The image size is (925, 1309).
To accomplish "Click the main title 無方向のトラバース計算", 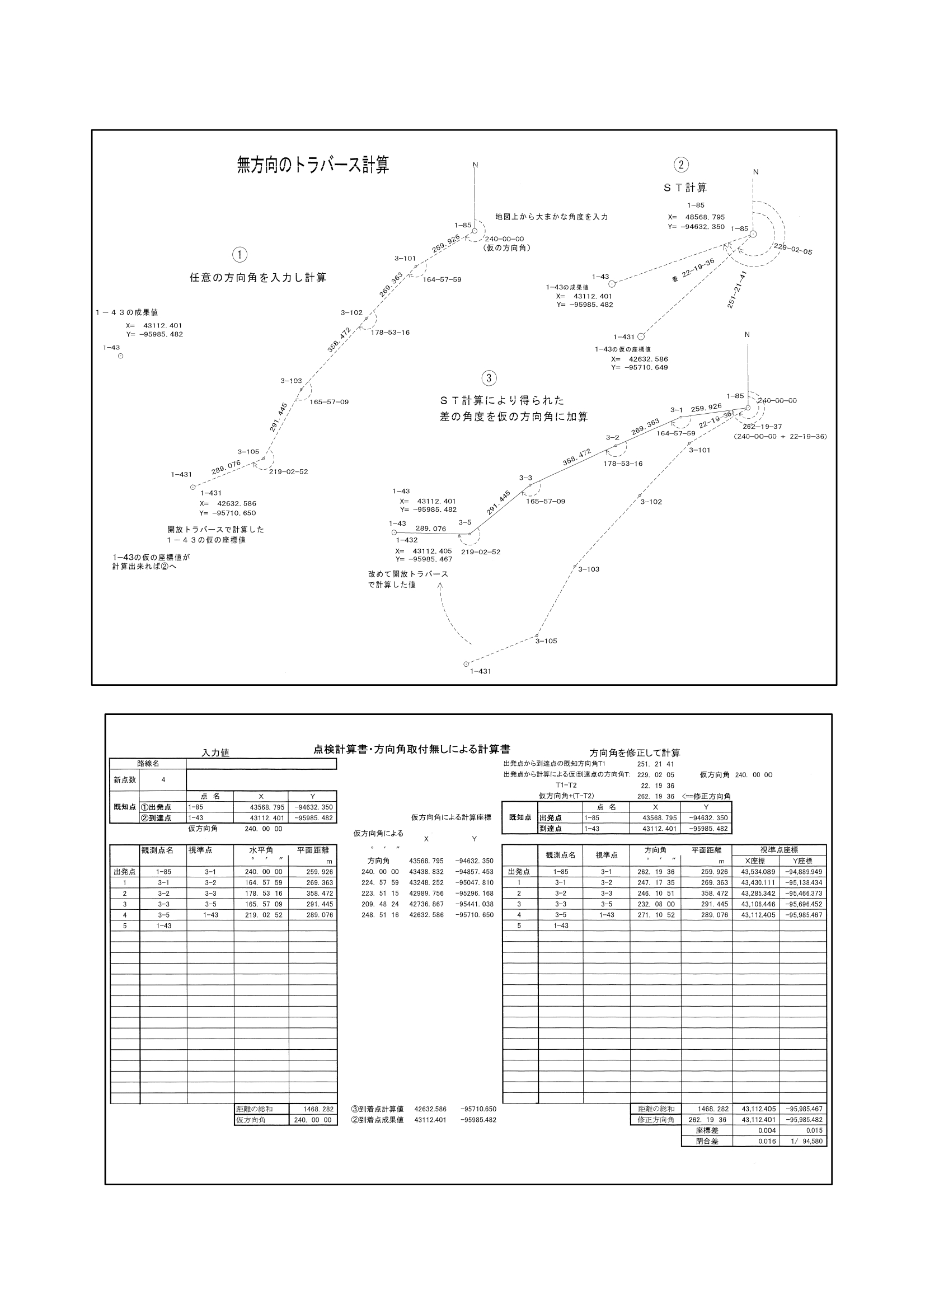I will click(x=313, y=165).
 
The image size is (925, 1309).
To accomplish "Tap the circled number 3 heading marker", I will click(x=489, y=378).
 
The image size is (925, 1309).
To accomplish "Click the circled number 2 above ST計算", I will click(x=680, y=165).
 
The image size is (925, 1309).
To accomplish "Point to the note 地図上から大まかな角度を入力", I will click(x=551, y=217).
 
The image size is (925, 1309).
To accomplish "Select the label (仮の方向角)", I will click(x=505, y=248).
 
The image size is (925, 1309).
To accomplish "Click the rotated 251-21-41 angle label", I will click(x=736, y=289).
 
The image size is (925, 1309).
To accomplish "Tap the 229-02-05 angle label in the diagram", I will click(x=792, y=249).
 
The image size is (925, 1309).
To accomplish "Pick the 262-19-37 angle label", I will click(x=762, y=427).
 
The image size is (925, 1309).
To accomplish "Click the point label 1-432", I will click(x=407, y=540).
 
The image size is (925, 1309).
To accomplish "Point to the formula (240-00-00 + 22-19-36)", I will click(x=780, y=436).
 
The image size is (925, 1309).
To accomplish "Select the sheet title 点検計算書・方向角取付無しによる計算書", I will click(x=411, y=749).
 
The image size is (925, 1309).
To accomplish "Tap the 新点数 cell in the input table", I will click(x=124, y=779).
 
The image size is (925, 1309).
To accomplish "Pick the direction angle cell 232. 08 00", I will click(x=655, y=904).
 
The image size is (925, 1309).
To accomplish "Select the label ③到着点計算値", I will click(x=377, y=1109).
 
